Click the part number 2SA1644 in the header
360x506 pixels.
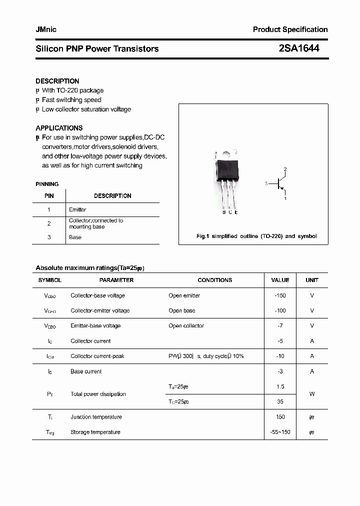299,48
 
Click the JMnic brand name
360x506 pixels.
46,29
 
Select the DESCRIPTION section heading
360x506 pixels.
57,81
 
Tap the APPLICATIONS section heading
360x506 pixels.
59,128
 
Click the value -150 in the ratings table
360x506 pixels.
280,295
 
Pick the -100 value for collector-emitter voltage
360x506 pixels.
280,310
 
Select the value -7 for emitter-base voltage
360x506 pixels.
280,325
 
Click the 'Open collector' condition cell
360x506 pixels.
186,325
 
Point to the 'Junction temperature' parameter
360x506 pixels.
96,417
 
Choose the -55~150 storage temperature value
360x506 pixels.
280,432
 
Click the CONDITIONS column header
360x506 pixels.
215,280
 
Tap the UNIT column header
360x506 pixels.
312,280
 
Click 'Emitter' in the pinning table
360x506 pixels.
77,209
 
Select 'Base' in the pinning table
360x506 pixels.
75,237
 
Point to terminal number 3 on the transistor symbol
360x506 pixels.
267,183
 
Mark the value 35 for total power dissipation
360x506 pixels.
280,401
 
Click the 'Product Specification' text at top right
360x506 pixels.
290,29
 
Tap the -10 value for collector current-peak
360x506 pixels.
280,356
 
